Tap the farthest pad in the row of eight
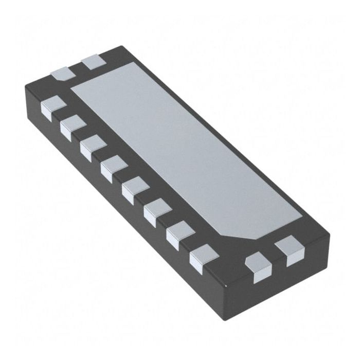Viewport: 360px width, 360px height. [x=52, y=107]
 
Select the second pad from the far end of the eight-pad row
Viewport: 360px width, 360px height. [x=72, y=126]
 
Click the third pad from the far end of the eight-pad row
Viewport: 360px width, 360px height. [x=93, y=146]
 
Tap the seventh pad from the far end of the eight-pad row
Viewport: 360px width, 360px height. [x=180, y=232]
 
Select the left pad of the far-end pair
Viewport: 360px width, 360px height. [x=63, y=74]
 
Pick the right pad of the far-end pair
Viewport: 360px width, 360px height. [x=94, y=61]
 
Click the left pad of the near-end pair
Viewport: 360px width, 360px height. [x=258, y=267]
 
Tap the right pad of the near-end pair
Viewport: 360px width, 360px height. [x=290, y=251]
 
